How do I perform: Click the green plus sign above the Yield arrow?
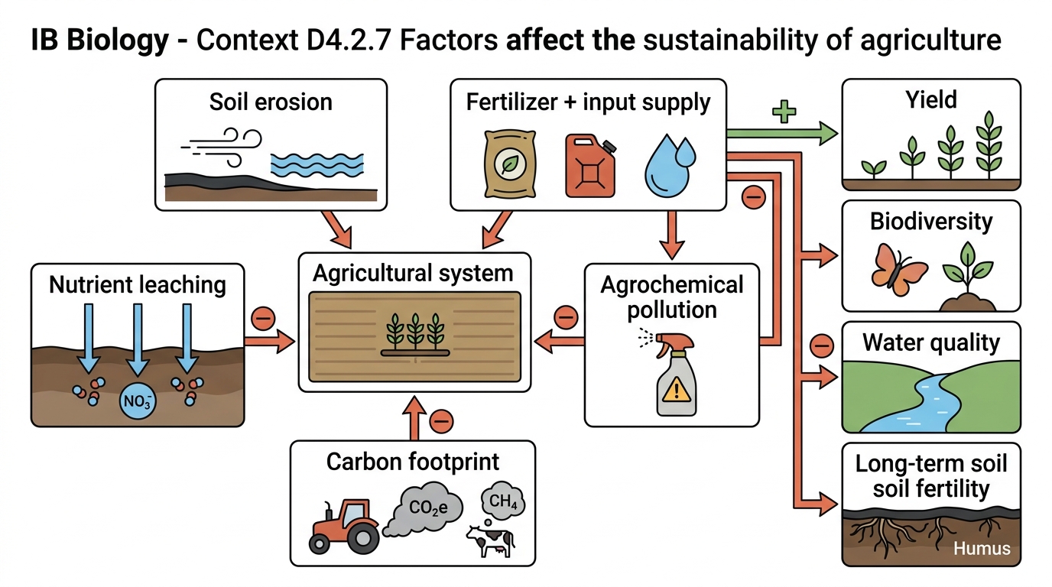tap(784, 112)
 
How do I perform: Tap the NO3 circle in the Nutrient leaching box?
tap(137, 401)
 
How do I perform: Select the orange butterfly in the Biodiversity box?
tap(898, 270)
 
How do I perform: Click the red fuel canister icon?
tap(590, 166)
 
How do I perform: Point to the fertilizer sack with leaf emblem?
tap(510, 164)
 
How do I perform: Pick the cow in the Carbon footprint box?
tap(490, 541)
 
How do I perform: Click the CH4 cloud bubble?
tap(503, 501)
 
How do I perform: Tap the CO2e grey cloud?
tap(423, 509)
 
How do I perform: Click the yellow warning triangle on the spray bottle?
tap(677, 389)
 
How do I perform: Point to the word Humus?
tap(982, 548)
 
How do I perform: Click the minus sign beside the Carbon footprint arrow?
tap(441, 421)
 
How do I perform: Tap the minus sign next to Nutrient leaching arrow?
tap(263, 319)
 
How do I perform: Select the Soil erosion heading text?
tap(271, 102)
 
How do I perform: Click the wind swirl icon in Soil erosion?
tap(222, 147)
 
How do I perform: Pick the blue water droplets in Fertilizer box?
tap(669, 165)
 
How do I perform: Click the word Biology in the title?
tap(118, 40)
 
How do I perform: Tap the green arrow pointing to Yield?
tap(782, 133)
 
